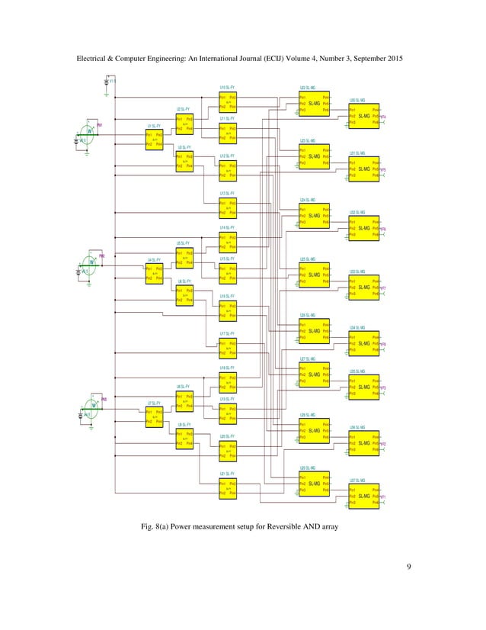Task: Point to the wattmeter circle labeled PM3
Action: coord(94,406)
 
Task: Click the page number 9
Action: coord(409,565)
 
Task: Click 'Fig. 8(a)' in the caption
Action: coord(166,526)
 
